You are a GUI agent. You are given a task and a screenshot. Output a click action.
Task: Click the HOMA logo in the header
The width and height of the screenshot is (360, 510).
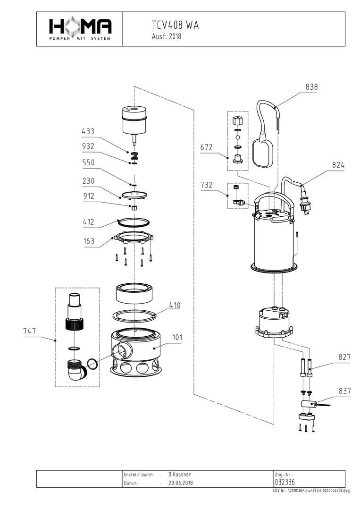pyautogui.click(x=80, y=28)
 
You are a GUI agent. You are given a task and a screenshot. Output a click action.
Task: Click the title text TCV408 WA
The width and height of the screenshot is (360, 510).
pyautogui.click(x=175, y=25)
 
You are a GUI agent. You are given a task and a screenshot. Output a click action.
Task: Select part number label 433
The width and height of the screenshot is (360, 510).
pyautogui.click(x=88, y=131)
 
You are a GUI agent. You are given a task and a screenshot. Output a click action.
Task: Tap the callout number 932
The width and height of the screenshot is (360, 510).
pyautogui.click(x=88, y=146)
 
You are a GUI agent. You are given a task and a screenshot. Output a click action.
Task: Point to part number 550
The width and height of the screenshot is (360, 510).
pyautogui.click(x=88, y=162)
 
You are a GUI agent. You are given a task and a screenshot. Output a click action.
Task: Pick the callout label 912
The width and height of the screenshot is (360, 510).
pyautogui.click(x=88, y=196)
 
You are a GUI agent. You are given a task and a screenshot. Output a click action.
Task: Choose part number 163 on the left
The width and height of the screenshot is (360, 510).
pyautogui.click(x=88, y=241)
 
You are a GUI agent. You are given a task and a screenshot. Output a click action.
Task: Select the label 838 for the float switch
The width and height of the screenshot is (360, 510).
pyautogui.click(x=311, y=87)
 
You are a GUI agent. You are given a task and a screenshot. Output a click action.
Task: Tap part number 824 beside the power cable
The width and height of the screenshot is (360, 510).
pyautogui.click(x=338, y=165)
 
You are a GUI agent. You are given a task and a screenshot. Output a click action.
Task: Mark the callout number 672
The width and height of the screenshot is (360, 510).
pyautogui.click(x=207, y=148)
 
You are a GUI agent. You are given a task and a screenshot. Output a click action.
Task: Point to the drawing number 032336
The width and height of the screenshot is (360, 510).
pyautogui.click(x=285, y=482)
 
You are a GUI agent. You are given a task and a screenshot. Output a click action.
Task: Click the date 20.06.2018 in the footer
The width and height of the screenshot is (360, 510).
pyautogui.click(x=181, y=483)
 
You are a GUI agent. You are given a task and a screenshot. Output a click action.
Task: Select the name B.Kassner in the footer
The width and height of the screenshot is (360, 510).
pyautogui.click(x=179, y=474)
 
